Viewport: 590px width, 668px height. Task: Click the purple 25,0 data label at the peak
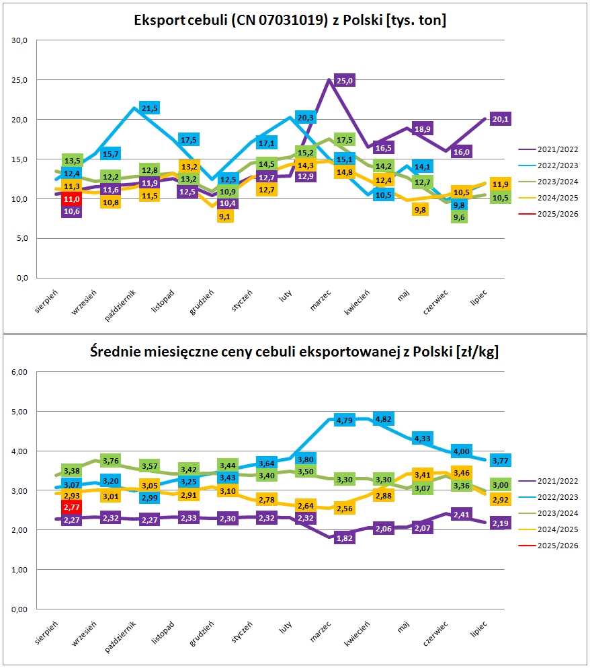[x=344, y=81]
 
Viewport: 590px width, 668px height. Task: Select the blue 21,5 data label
[x=149, y=108]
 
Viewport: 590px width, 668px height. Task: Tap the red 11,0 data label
[x=71, y=199]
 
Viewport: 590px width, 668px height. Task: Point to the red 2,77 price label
[x=71, y=507]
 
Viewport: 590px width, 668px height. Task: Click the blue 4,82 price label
[x=384, y=419]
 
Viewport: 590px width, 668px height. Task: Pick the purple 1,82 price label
[x=344, y=538]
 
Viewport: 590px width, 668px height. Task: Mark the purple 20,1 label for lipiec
[x=500, y=119]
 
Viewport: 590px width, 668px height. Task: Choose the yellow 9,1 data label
[x=224, y=217]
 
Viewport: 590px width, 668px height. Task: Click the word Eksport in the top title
[x=160, y=20]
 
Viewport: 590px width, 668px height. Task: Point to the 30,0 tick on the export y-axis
[x=19, y=40]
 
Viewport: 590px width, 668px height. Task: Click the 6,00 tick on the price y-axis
[x=19, y=372]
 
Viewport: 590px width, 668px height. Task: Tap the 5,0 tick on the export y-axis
[x=22, y=238]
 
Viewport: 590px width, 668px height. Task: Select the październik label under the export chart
[x=120, y=305]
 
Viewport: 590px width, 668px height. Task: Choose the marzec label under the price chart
[x=321, y=632]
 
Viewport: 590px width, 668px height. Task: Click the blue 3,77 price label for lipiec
[x=500, y=461]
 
